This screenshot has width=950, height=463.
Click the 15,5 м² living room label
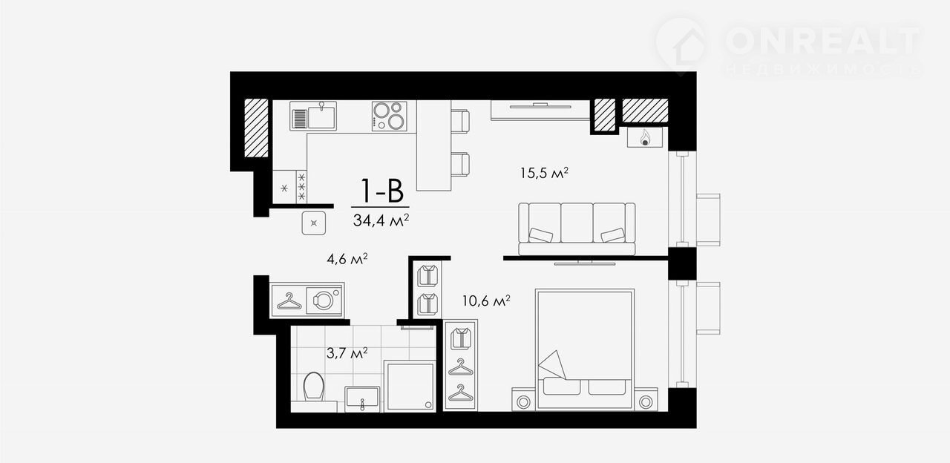pos(544,173)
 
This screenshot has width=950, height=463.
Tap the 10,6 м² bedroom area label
pos(486,301)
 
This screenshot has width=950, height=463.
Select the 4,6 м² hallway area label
pos(347,259)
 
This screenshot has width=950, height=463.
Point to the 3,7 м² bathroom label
pos(347,352)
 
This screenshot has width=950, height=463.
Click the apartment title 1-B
pos(381,191)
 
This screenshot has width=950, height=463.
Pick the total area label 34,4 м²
pos(381,220)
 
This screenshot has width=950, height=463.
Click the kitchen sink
pos(313,116)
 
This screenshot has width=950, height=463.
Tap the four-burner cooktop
pos(390,116)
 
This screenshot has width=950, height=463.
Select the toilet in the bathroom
pos(314,387)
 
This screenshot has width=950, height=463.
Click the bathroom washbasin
pos(361,398)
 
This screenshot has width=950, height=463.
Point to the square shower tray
pos(410,386)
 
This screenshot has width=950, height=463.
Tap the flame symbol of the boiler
pos(645,137)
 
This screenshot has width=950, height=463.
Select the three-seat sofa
pos(577,229)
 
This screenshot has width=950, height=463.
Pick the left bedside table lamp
pos(523,401)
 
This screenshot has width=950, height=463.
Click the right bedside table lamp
pos(646,401)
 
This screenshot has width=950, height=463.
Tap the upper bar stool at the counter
pos(460,121)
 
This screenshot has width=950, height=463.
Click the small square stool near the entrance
pos(314,223)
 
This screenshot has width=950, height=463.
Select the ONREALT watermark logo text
pos(823,41)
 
